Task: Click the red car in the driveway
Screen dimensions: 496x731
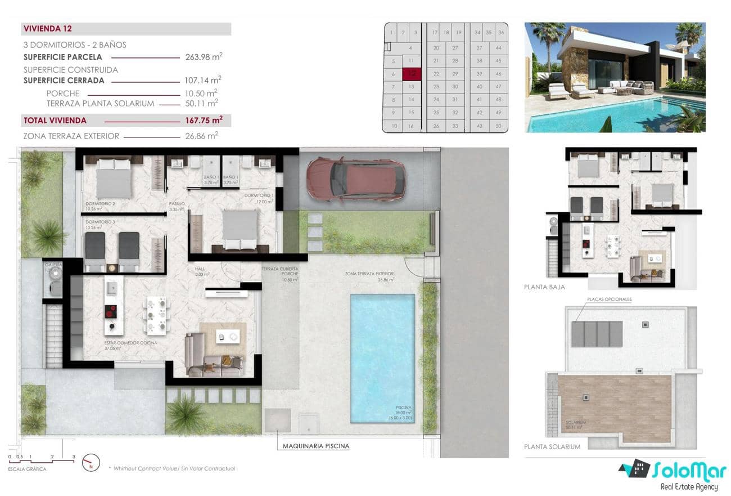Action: click(x=356, y=179)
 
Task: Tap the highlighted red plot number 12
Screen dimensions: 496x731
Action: click(x=412, y=73)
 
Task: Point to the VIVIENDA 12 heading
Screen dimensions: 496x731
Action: click(x=48, y=29)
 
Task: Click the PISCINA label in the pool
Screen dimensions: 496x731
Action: click(x=403, y=407)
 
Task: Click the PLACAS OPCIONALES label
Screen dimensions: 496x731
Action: click(x=609, y=300)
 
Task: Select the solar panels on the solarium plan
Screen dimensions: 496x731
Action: click(x=597, y=333)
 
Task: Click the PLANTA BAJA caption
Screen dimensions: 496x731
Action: click(x=544, y=287)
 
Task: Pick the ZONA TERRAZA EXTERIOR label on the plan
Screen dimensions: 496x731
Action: click(x=369, y=274)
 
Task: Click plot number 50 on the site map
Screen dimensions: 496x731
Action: click(x=498, y=126)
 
